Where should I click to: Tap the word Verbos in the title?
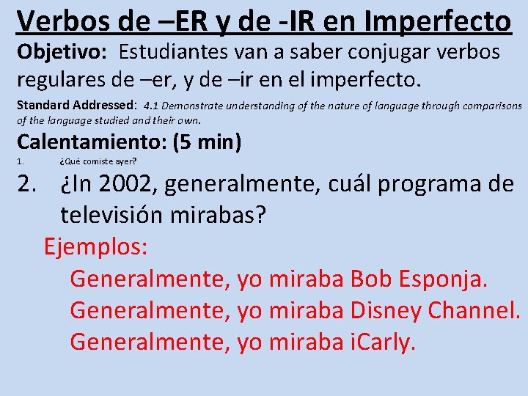tap(62, 21)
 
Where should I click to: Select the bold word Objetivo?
tap(63, 52)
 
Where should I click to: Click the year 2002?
tap(125, 183)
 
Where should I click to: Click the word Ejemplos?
tap(96, 246)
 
